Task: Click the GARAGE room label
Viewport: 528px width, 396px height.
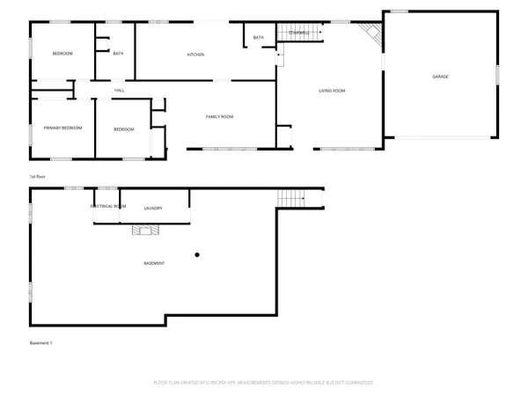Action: [440, 77]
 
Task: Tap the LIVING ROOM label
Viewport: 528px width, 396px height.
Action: [332, 91]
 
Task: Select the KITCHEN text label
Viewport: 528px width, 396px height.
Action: [195, 55]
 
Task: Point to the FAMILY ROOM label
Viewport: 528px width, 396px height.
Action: [219, 117]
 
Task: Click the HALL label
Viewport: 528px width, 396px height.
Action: [119, 91]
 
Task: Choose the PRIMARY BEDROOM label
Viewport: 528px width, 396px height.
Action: [62, 128]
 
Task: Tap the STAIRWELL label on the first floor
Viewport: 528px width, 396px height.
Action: [299, 33]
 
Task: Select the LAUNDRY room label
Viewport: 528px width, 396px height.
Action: [153, 209]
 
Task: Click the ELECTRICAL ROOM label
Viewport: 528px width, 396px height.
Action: [108, 207]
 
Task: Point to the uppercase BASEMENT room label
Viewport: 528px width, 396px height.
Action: [154, 263]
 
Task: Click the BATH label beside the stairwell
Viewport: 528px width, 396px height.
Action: [258, 38]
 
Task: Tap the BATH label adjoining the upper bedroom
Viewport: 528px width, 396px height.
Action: [118, 54]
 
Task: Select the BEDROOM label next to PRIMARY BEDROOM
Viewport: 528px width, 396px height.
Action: [124, 129]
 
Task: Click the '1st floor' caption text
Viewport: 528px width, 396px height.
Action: [37, 177]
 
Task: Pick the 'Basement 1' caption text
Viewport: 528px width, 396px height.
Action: [41, 342]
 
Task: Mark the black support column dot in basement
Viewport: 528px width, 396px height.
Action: [197, 255]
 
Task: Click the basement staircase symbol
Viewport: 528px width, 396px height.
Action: [290, 197]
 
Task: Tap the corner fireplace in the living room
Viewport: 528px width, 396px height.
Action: [374, 34]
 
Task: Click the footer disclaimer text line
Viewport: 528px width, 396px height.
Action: [264, 383]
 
